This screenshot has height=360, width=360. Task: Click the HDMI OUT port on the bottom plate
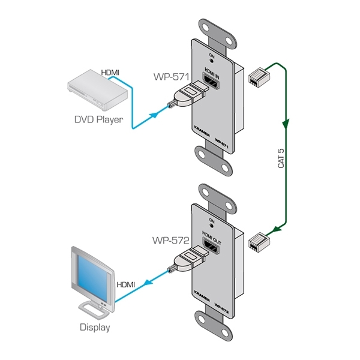(211, 245)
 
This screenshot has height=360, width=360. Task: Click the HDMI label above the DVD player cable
(110, 73)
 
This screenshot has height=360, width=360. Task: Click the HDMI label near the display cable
(127, 283)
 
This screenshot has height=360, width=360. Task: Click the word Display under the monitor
(95, 328)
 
